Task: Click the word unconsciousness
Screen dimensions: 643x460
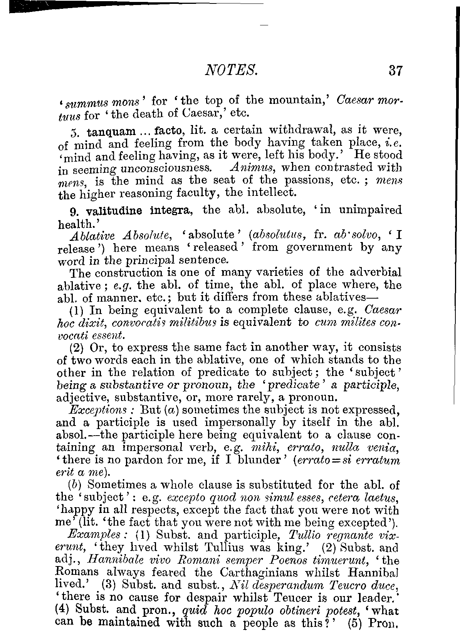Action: click(x=166, y=169)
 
